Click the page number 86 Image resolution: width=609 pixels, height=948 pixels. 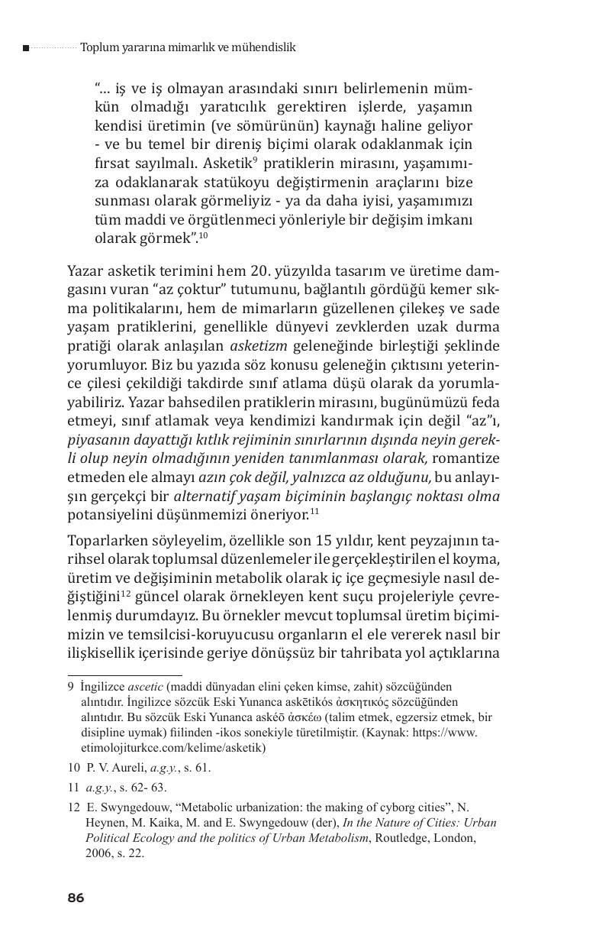(75, 898)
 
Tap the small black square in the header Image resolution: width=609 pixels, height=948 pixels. (26, 48)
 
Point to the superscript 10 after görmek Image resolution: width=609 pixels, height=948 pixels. (203, 236)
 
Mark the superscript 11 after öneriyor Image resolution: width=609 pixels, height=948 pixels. (314, 510)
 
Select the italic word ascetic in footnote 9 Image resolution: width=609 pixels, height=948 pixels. (145, 686)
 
